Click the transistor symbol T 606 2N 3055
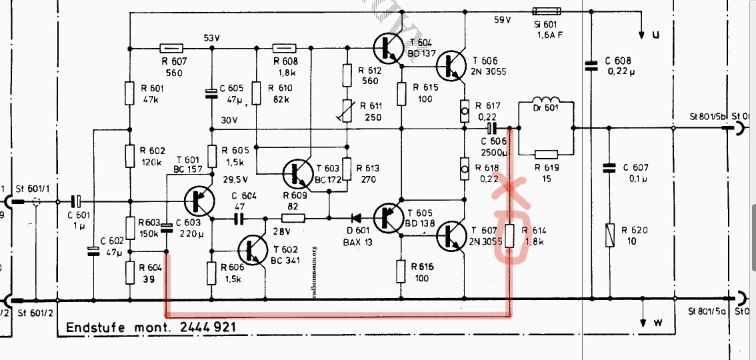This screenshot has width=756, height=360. coord(451,66)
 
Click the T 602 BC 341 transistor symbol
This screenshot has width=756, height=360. coord(253,249)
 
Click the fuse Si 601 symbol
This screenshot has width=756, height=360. coord(547,11)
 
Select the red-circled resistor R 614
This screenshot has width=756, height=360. coord(510,237)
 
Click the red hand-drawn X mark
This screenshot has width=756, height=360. coord(509,189)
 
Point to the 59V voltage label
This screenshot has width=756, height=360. coord(502,20)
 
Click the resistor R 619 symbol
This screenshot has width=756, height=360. coord(546,155)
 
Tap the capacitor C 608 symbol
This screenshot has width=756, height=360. coord(590,65)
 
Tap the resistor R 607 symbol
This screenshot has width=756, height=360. coord(171,47)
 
